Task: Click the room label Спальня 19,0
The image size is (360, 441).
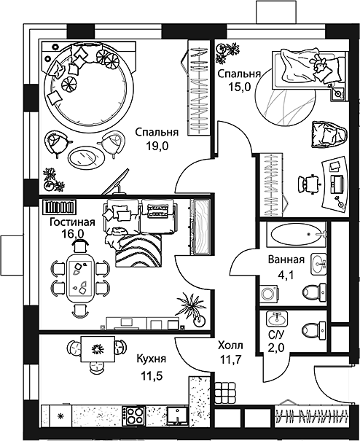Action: tap(156, 138)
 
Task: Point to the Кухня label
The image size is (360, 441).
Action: tap(152, 359)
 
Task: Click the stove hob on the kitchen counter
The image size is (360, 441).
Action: tap(136, 417)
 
